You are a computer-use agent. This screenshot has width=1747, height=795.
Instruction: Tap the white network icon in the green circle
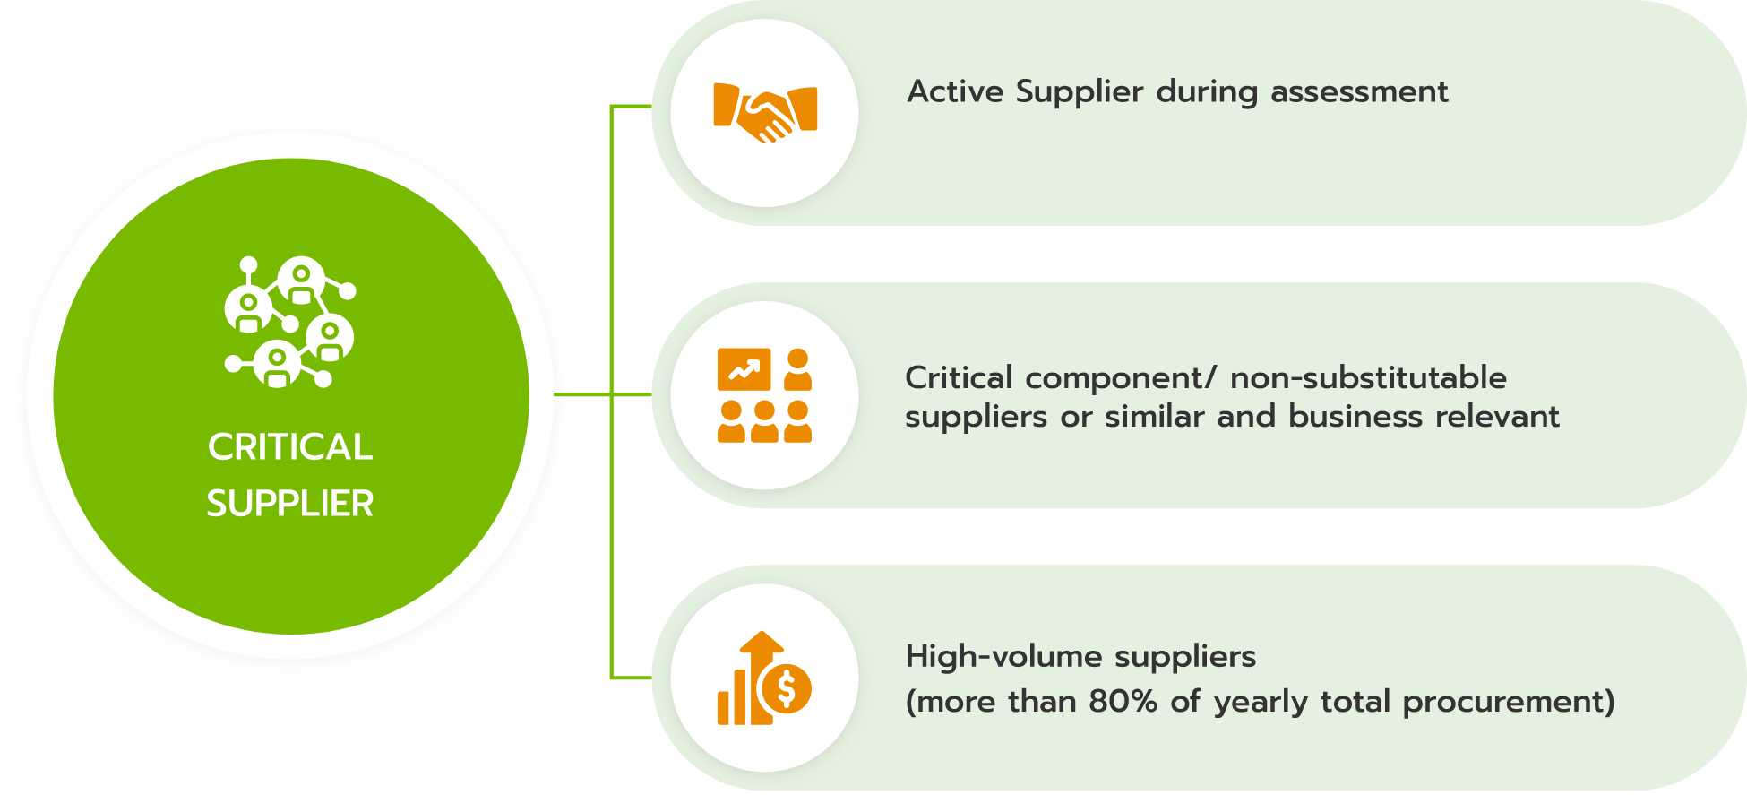290,322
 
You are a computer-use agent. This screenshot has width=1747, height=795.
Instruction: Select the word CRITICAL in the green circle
290,446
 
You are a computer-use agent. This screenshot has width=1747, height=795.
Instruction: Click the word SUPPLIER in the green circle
290,503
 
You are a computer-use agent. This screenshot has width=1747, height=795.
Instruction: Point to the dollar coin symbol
786,689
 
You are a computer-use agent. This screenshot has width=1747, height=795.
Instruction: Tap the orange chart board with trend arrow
744,368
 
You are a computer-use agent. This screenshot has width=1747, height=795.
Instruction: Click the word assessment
1359,91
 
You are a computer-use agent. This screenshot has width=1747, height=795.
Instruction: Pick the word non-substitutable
1368,377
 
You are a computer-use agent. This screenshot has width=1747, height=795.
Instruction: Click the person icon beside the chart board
797,369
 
